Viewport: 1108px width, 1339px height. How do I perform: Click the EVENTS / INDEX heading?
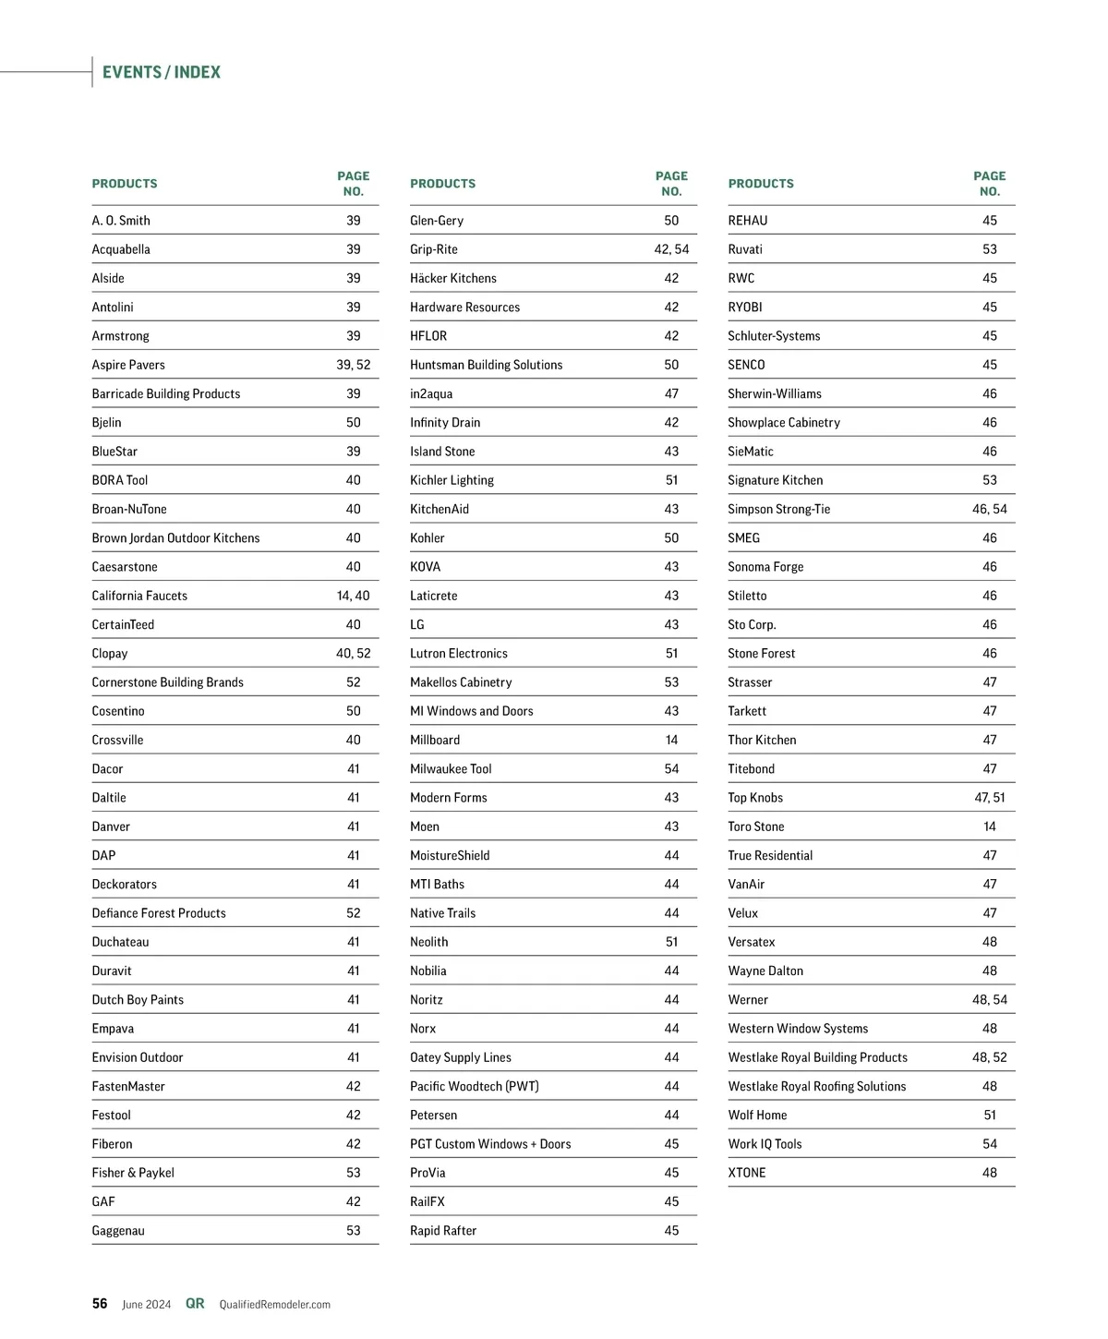click(162, 72)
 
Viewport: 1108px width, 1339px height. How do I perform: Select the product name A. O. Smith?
click(121, 221)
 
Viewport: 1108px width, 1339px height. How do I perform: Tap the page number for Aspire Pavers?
click(353, 365)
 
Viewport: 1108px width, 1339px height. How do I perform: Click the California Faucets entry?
click(139, 596)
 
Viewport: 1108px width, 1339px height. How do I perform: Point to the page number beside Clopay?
click(353, 654)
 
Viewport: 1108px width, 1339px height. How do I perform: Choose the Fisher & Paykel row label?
click(133, 1173)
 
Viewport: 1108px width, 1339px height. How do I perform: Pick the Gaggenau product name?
click(118, 1231)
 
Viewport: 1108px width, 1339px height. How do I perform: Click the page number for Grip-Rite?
click(671, 249)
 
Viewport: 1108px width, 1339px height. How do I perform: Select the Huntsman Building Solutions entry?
click(486, 365)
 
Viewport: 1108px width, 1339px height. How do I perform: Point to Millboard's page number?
click(671, 740)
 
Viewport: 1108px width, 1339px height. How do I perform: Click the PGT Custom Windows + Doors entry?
click(490, 1144)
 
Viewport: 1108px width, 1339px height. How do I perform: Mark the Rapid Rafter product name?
click(443, 1231)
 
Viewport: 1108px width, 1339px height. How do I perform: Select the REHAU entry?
click(747, 221)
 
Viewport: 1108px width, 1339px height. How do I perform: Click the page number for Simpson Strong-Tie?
click(989, 509)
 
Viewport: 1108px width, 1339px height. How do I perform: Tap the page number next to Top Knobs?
click(989, 798)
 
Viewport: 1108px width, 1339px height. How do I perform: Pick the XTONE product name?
click(746, 1173)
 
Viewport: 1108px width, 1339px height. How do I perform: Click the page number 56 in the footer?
click(100, 1304)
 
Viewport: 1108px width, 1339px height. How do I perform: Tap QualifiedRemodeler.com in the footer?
click(274, 1305)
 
